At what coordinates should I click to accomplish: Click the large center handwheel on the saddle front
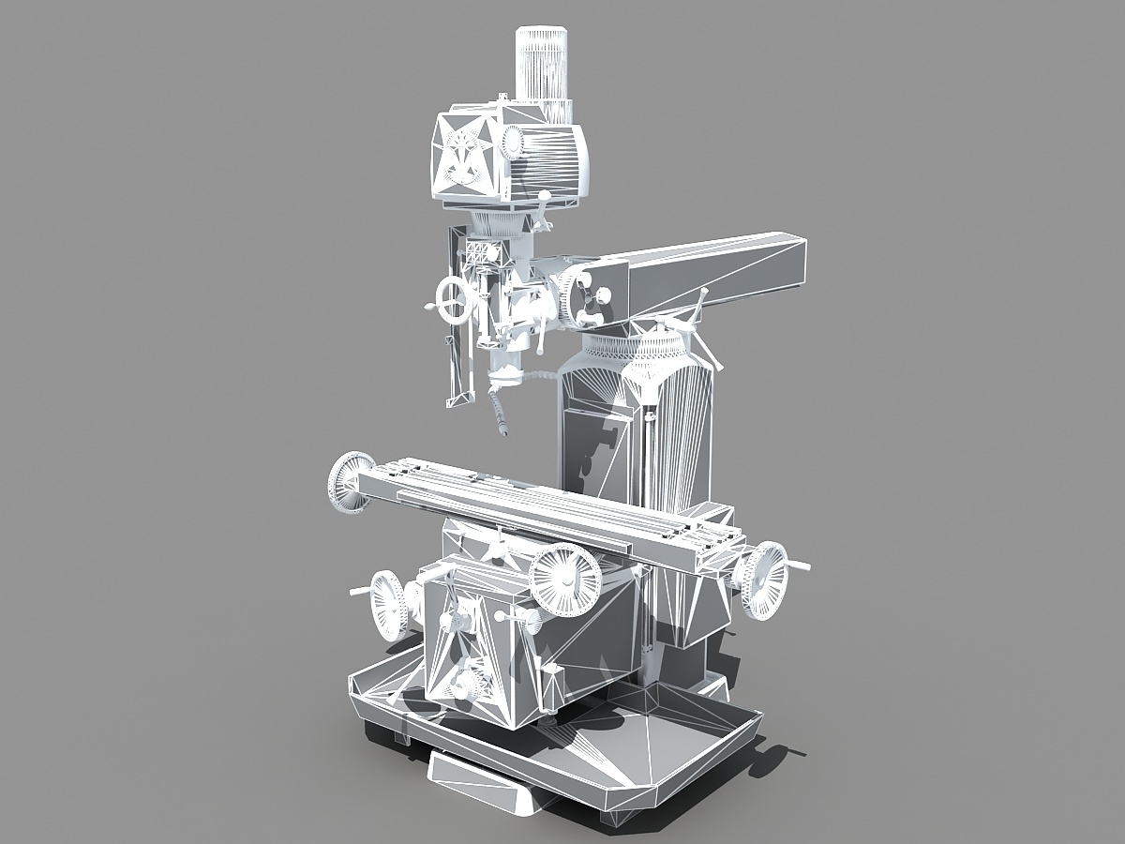pos(565,580)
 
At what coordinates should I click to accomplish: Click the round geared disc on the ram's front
pos(580,295)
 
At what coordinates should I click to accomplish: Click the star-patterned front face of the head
pos(465,155)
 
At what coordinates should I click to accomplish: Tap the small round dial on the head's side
pos(512,142)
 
